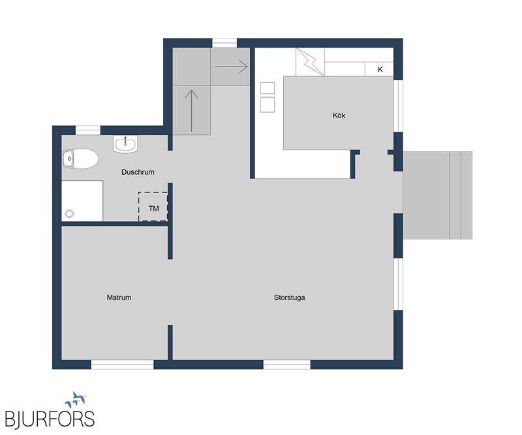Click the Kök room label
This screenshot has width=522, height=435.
coord(339,115)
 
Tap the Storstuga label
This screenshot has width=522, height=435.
coord(289,297)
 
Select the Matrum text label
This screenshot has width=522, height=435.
coord(119,297)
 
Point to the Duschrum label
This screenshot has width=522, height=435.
coord(138,172)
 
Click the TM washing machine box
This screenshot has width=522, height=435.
coord(153,207)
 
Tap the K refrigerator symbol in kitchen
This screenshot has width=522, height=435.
coord(379,69)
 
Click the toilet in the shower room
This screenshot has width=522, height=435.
coord(80,158)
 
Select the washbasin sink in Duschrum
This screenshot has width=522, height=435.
coord(125,144)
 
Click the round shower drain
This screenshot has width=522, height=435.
coord(70,214)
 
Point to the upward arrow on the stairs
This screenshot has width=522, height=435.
coord(191,111)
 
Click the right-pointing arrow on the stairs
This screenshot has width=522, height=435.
coord(232,67)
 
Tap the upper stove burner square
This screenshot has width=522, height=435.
coord(268,88)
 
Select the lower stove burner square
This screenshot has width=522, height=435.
coord(268,105)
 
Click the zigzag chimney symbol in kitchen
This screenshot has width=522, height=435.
coord(310,62)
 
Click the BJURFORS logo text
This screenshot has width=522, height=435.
coord(50,419)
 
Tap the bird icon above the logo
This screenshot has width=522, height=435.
coord(76,400)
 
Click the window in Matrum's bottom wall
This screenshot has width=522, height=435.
coord(123,365)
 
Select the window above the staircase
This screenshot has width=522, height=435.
coord(224,43)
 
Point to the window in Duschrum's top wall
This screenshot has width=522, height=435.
coord(88,130)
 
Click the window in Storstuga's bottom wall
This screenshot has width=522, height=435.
coord(287,365)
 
